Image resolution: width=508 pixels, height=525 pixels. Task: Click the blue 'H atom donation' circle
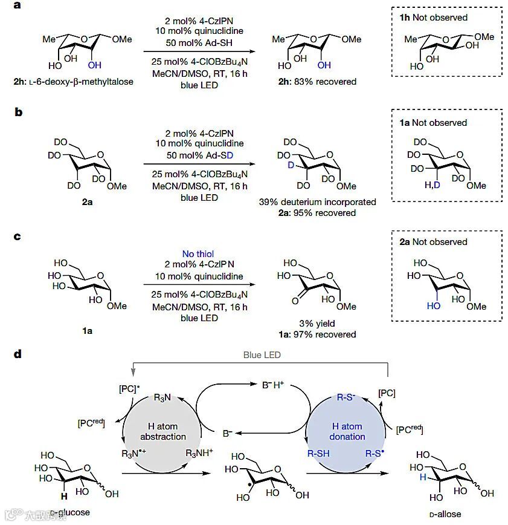coord(347,431)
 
